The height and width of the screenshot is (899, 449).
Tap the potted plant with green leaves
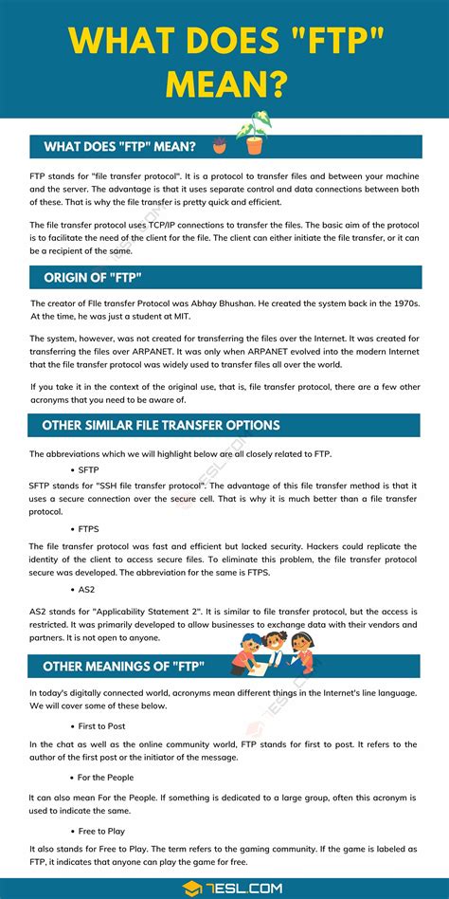254,134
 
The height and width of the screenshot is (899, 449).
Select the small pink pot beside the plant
220,145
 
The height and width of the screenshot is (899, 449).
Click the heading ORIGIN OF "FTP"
93,277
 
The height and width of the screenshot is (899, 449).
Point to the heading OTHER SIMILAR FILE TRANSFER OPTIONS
154,425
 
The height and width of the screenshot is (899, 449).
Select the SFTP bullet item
88,469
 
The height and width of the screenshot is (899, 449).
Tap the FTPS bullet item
89,529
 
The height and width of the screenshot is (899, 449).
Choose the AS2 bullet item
86,589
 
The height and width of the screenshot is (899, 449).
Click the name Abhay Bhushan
232,303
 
